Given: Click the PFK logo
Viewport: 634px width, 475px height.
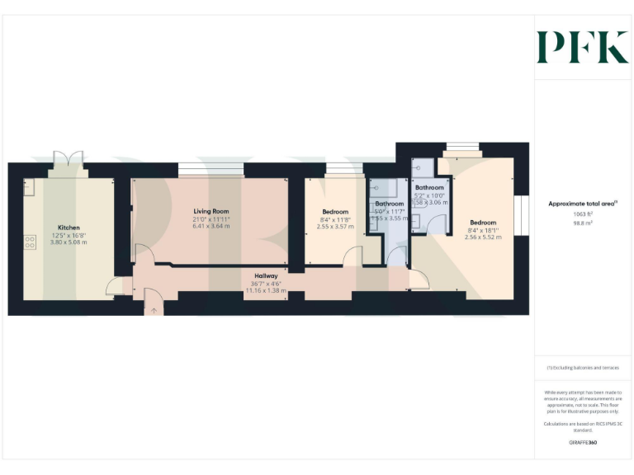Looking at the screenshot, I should pyautogui.click(x=582, y=47).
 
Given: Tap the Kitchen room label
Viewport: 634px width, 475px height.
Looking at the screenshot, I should pyautogui.click(x=69, y=228).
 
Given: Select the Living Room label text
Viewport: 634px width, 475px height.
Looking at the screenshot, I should pyautogui.click(x=211, y=212).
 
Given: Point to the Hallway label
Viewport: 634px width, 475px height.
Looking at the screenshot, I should pyautogui.click(x=266, y=276).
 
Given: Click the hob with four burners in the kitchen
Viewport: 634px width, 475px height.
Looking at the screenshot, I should pyautogui.click(x=31, y=242).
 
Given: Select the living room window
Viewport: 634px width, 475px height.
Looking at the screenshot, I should pyautogui.click(x=211, y=170).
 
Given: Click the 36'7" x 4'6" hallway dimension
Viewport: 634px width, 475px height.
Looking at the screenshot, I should pyautogui.click(x=266, y=284).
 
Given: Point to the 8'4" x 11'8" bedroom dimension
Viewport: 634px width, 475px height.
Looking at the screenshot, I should pyautogui.click(x=336, y=219).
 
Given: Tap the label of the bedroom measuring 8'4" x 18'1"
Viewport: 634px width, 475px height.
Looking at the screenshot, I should pyautogui.click(x=483, y=223).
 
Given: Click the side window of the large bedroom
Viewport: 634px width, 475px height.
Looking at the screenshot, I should pyautogui.click(x=521, y=216).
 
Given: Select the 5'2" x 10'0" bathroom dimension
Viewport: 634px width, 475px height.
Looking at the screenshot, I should pyautogui.click(x=430, y=195).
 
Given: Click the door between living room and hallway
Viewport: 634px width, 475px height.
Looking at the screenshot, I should pyautogui.click(x=142, y=254).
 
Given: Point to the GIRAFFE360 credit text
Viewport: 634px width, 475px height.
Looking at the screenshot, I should pyautogui.click(x=583, y=443).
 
